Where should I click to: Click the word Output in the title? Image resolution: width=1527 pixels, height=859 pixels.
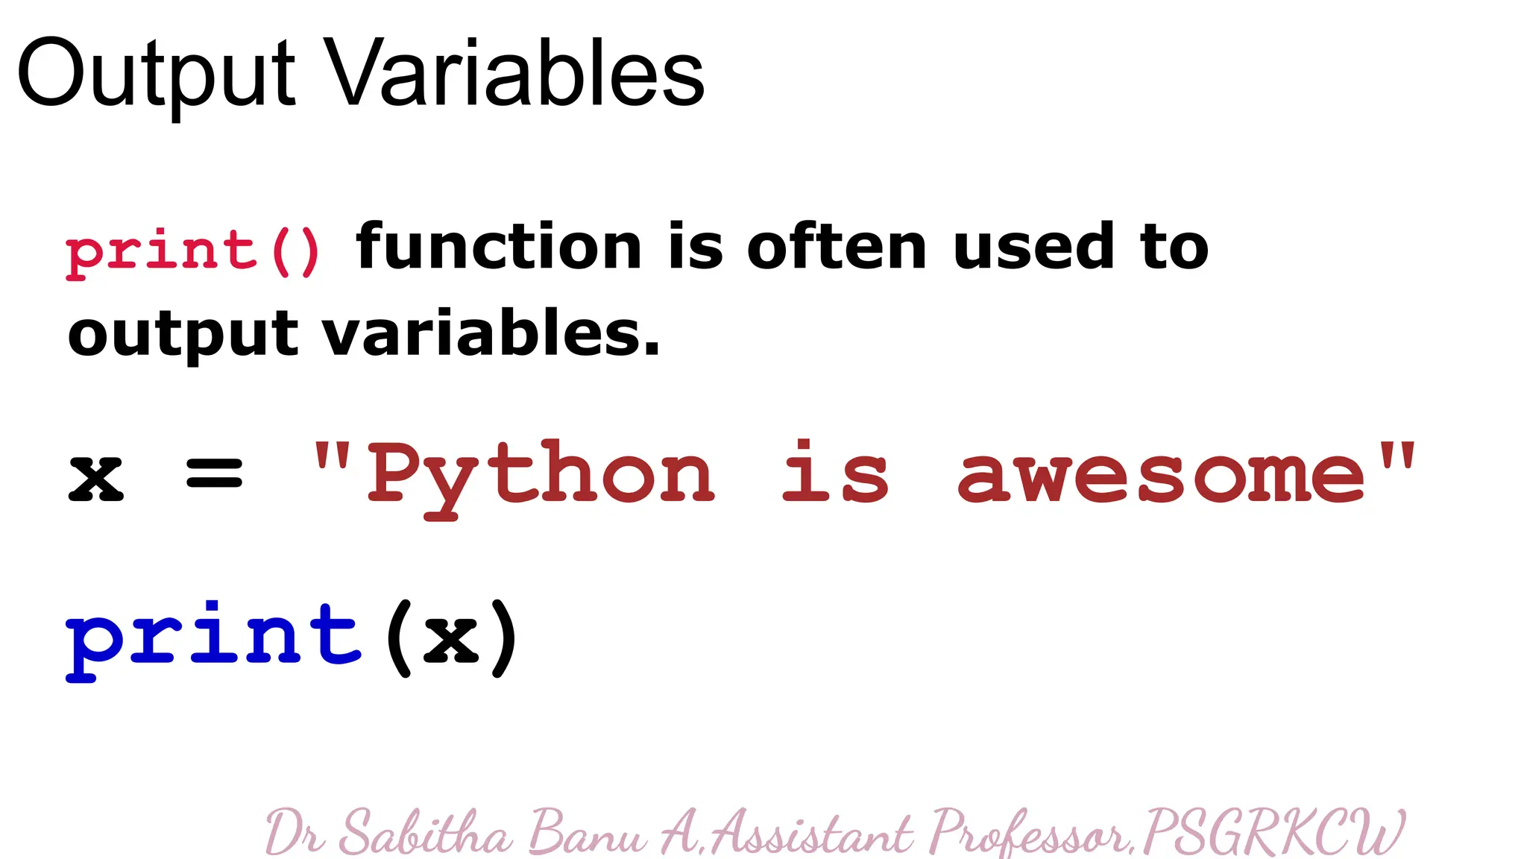[x=157, y=75]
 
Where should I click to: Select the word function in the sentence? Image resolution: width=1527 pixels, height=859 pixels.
[x=499, y=247]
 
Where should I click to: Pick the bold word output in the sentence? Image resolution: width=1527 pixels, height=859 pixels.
[x=183, y=335]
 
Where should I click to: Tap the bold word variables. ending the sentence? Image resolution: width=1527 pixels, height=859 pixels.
[x=491, y=333]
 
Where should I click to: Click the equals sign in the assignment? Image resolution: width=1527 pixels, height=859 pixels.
[x=214, y=473]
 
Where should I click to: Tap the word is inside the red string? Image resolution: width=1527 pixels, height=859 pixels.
[x=834, y=473]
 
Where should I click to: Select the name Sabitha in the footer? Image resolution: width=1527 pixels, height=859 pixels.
[x=426, y=832]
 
